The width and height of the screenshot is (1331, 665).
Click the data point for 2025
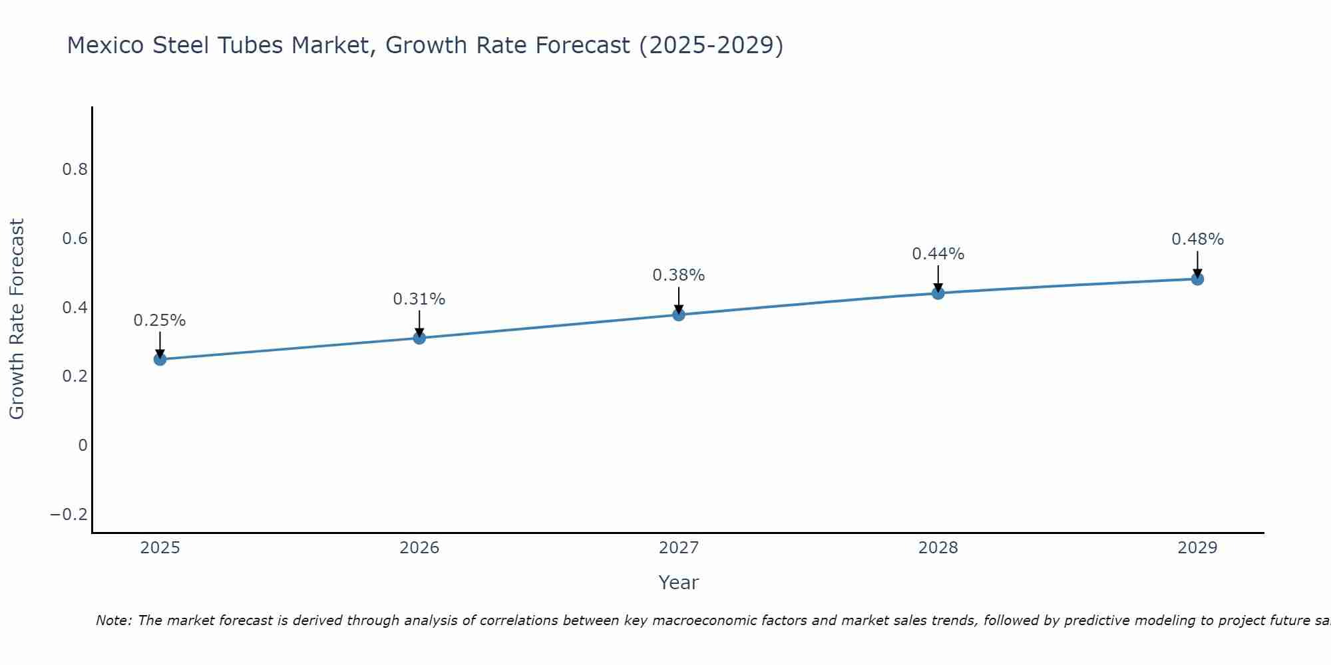coord(160,359)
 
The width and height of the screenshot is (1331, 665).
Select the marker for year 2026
coord(419,338)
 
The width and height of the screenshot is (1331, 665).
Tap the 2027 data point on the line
coord(679,314)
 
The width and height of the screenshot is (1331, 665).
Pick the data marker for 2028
coord(938,293)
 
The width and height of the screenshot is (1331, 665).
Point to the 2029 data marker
coord(1197,279)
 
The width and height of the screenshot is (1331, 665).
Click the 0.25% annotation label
coord(160,321)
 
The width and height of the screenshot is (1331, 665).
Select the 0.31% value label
coord(419,299)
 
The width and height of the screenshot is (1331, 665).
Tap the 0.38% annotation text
coord(679,275)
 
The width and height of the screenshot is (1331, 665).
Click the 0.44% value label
coord(938,254)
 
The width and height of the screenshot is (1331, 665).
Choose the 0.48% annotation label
coord(1197,239)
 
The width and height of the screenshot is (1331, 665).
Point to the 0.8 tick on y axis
coord(75,170)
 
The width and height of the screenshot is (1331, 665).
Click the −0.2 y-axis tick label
coord(69,515)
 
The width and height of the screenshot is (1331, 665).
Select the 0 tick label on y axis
coord(83,446)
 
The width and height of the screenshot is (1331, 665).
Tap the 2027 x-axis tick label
coord(679,548)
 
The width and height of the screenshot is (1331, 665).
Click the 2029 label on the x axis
coord(1197,548)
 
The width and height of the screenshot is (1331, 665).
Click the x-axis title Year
coord(678,583)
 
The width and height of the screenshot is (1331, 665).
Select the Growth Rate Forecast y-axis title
coord(17,319)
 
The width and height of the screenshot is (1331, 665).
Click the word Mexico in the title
coord(106,45)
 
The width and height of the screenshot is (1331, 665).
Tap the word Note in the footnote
coord(113,620)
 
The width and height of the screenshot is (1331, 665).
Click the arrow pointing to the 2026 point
coord(419,322)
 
